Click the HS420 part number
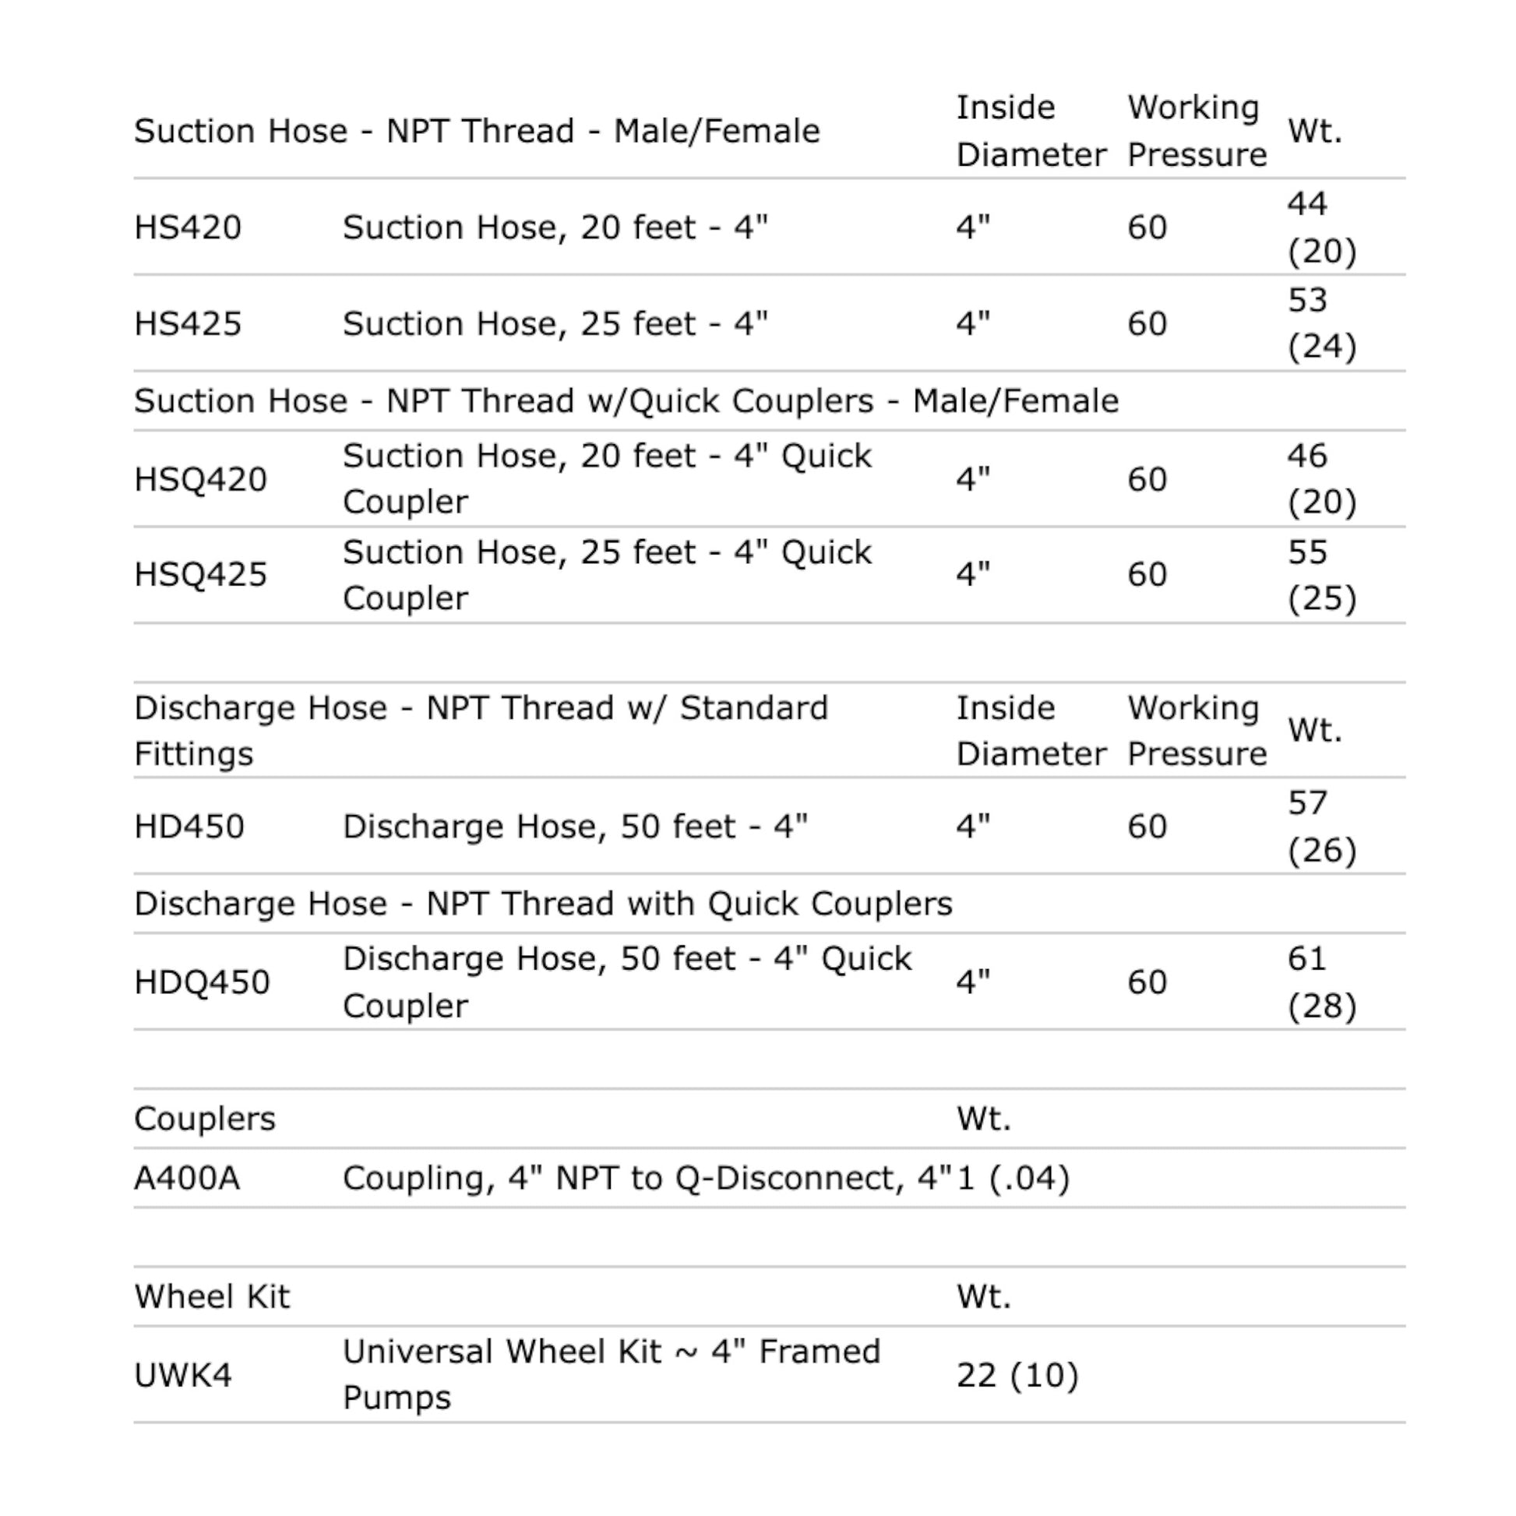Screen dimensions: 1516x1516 coord(188,227)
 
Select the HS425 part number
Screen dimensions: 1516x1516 coord(188,324)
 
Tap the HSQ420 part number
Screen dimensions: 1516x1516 coord(200,479)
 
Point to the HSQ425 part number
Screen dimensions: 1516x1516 coord(200,575)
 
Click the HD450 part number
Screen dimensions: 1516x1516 coord(189,827)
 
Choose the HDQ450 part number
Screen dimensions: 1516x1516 coord(202,982)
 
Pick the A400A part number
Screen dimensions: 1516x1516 coord(187,1179)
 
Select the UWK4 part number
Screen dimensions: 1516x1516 coord(183,1376)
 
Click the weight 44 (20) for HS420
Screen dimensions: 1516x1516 coord(1321,227)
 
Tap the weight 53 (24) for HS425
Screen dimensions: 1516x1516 coord(1321,324)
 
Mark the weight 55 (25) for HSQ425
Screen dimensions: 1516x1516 coord(1321,575)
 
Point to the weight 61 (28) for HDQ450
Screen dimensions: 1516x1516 coord(1321,982)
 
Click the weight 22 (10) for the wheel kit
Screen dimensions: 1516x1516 coord(1017,1376)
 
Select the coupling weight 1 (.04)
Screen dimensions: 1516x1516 coord(1013,1179)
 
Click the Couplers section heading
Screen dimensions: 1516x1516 coord(205,1119)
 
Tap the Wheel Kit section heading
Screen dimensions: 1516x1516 coord(212,1297)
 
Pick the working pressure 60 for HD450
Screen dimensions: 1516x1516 coord(1148,827)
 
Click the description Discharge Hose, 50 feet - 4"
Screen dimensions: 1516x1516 coord(574,827)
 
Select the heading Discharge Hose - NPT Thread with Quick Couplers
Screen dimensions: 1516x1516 coord(543,904)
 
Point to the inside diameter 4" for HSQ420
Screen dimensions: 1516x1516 coord(973,479)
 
